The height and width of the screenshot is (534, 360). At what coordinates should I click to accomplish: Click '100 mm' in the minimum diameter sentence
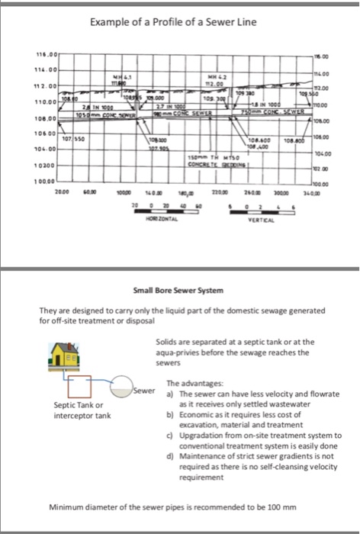[x=275, y=507]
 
